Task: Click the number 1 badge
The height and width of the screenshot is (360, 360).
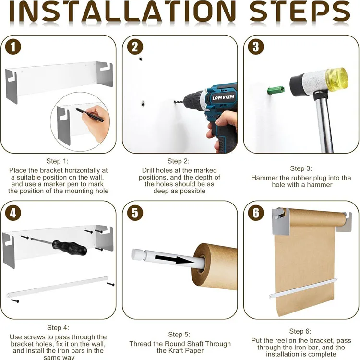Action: (13, 47)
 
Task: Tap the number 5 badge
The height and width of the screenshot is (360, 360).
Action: (135, 213)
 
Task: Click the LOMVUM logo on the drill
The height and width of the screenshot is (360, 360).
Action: (223, 97)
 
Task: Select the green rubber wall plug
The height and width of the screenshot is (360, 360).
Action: (276, 90)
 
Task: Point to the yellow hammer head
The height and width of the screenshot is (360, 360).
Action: (337, 79)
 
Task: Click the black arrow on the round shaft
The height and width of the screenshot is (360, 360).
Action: (175, 259)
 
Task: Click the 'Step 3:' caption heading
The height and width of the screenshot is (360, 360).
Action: (301, 168)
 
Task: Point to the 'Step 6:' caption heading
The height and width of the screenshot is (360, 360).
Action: (300, 331)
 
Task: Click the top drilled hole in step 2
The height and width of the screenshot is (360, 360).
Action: (141, 59)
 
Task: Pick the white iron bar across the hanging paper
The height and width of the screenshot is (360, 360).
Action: (302, 288)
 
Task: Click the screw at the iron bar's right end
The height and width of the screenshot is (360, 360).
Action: (110, 284)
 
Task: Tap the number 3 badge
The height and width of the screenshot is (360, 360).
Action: (256, 47)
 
